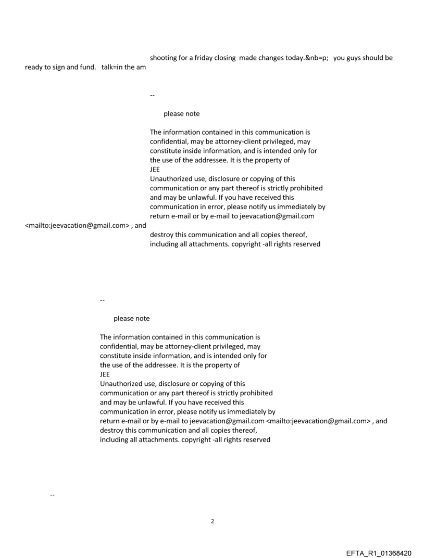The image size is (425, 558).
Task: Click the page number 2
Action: (213, 521)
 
